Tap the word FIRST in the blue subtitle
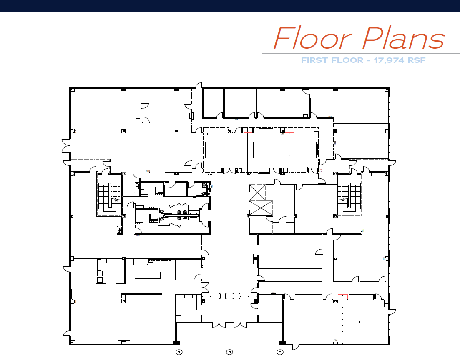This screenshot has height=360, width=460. [x=317, y=60]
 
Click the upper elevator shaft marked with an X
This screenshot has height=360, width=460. [x=257, y=191]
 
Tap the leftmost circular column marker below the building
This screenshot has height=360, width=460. [x=178, y=352]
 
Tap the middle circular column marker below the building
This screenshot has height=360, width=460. [x=229, y=352]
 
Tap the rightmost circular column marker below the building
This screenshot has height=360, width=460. [x=281, y=352]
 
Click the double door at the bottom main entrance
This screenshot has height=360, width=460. [x=229, y=324]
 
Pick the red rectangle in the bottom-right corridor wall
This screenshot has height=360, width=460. [x=342, y=296]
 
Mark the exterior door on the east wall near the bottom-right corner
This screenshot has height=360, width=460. [x=392, y=310]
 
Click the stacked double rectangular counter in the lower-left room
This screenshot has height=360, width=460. [x=147, y=275]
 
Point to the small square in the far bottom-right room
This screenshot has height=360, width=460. [x=361, y=322]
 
